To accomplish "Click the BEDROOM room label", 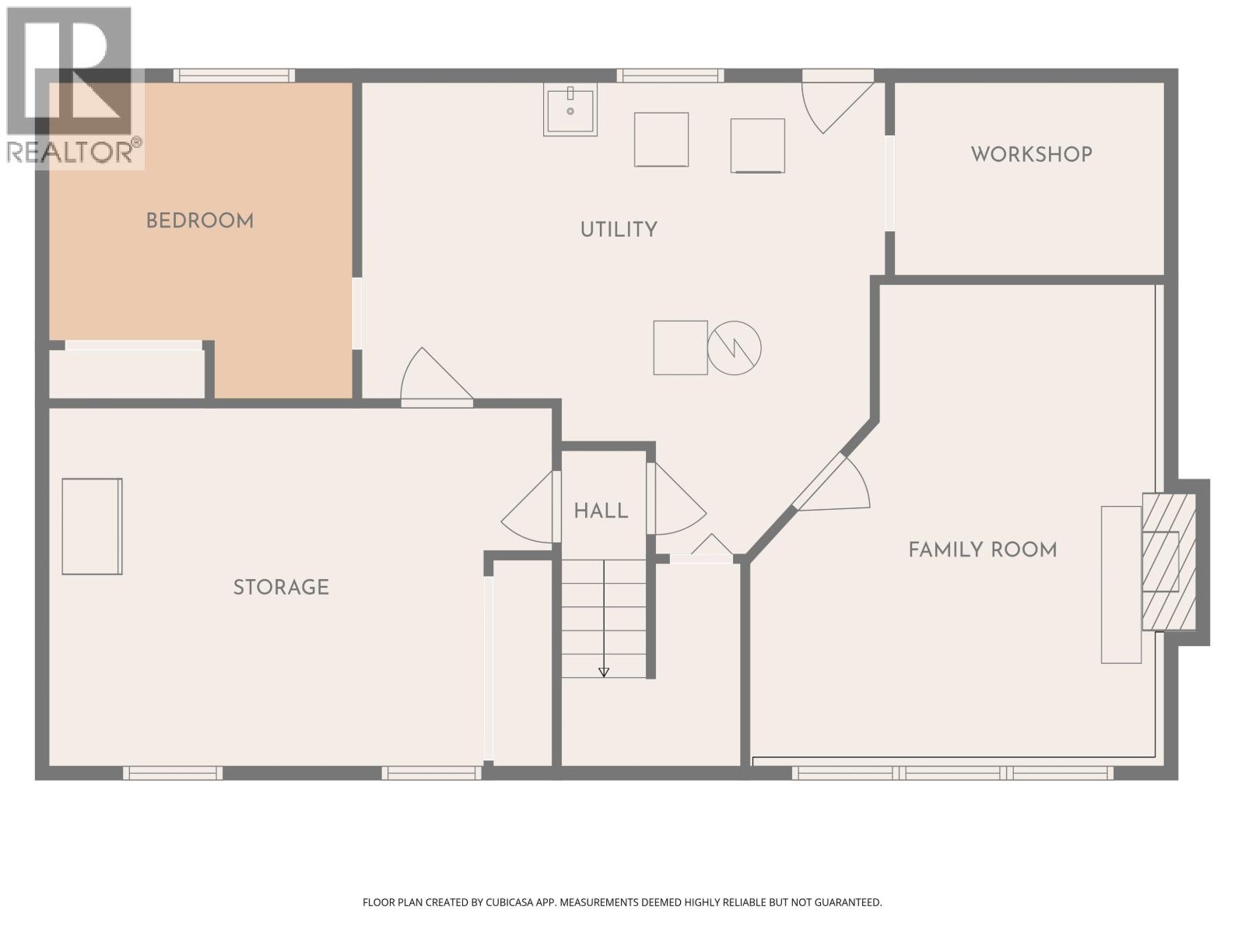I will tap(200, 221).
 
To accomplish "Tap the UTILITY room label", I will tap(619, 230).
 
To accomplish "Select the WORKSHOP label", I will tap(1031, 154).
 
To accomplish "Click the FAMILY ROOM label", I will tap(983, 550).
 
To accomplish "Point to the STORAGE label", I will tap(281, 587).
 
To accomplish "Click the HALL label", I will tap(601, 511).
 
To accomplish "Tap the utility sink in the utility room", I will tap(570, 110).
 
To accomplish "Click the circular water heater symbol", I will tap(734, 348).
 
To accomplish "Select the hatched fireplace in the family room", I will tap(1168, 561).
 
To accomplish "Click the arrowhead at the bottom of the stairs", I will tap(604, 672).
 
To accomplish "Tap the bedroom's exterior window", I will tap(233, 75).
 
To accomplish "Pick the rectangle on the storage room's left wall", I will tap(92, 526).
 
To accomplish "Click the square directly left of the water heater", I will tap(680, 348).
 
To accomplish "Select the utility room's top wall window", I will tap(670, 75).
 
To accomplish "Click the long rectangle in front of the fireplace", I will tap(1120, 585).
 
